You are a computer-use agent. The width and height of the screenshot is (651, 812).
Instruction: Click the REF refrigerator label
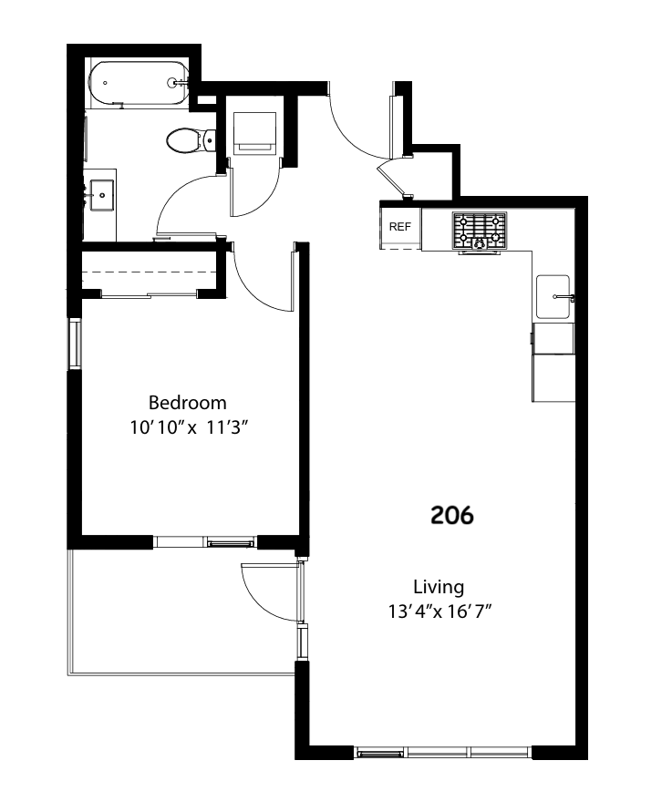tap(400, 228)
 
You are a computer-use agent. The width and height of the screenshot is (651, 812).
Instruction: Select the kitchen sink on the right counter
tap(553, 296)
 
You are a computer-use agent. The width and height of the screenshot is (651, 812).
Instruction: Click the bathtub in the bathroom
tap(139, 83)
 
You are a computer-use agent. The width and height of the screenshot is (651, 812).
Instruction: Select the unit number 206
tap(452, 516)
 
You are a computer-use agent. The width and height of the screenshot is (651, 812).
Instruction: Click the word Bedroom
tap(187, 403)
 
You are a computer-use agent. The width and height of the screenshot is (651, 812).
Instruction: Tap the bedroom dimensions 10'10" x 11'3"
tap(190, 427)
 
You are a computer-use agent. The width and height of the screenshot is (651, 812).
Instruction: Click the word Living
tap(438, 587)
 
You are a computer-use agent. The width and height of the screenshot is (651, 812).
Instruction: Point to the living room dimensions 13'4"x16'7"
tap(439, 612)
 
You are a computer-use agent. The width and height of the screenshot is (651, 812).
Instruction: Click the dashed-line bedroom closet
tap(148, 271)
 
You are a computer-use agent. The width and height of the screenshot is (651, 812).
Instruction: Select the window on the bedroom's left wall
tap(74, 344)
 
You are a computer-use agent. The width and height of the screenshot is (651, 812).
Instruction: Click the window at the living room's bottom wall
tap(442, 753)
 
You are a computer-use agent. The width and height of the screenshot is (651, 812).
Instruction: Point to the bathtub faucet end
tap(175, 83)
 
